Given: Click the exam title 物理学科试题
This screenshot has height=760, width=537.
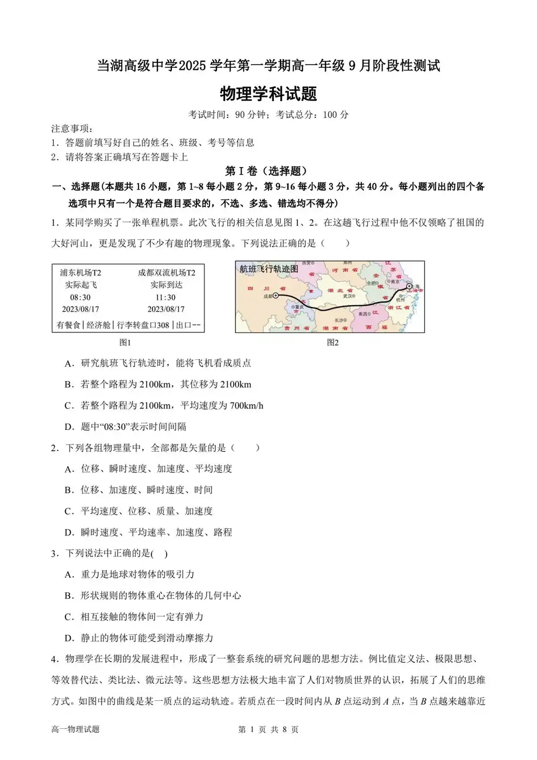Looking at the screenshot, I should tap(268, 94).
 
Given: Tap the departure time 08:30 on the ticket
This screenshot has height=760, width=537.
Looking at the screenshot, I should tap(80, 297).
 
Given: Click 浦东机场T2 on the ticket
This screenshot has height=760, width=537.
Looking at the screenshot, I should tap(80, 273).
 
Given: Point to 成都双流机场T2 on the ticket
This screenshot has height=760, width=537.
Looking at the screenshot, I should tap(166, 273).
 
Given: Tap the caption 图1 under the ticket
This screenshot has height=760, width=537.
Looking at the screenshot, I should tap(125, 342).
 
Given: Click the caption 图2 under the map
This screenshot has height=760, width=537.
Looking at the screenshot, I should tap(333, 342).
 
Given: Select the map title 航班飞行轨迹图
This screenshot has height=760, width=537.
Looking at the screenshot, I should tap(268, 269).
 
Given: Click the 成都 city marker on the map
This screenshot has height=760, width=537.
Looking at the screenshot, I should tap(275, 295).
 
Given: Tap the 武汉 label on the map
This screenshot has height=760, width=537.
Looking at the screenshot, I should tap(349, 296).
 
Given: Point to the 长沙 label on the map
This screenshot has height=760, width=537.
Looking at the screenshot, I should tap(339, 320).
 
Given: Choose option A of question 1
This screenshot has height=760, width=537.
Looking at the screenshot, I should tap(158, 363).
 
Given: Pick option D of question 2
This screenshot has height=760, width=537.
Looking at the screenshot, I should tap(148, 533).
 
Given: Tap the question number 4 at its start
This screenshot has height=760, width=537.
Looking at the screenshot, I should tap(54, 659).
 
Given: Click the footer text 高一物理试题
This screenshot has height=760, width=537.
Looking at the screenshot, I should tap(75, 729).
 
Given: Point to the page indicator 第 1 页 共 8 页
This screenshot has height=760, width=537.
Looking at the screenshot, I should tap(268, 729).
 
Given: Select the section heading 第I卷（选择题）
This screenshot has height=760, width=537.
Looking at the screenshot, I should tap(267, 171).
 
